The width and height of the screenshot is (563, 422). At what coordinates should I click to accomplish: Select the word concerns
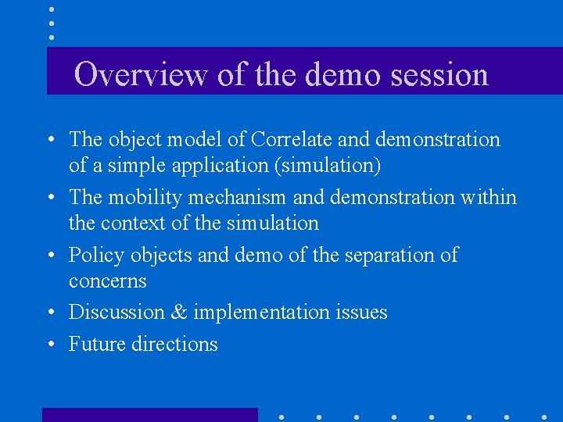click(107, 281)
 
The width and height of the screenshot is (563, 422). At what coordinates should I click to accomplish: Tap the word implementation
click(261, 313)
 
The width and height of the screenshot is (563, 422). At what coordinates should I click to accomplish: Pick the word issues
click(361, 313)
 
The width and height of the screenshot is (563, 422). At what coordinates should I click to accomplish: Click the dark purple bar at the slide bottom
click(149, 415)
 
